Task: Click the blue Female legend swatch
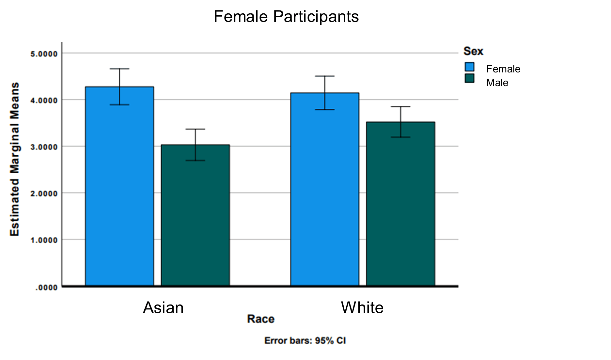pos(469,67)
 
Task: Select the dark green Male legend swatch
pos(469,78)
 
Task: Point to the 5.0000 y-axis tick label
pos(44,54)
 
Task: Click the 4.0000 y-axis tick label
pos(44,101)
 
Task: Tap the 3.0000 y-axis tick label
pos(44,147)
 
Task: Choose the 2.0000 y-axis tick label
pos(44,194)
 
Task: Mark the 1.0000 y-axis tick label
pos(44,240)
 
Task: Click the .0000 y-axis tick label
pos(47,288)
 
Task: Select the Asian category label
pos(163,307)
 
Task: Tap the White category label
pos(362,307)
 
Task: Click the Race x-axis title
pos(261,319)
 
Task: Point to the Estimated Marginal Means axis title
pos(15,159)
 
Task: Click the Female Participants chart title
pos(286,16)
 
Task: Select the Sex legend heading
pos(473,51)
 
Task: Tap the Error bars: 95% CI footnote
pos(305,341)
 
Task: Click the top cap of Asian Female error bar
pos(119,69)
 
